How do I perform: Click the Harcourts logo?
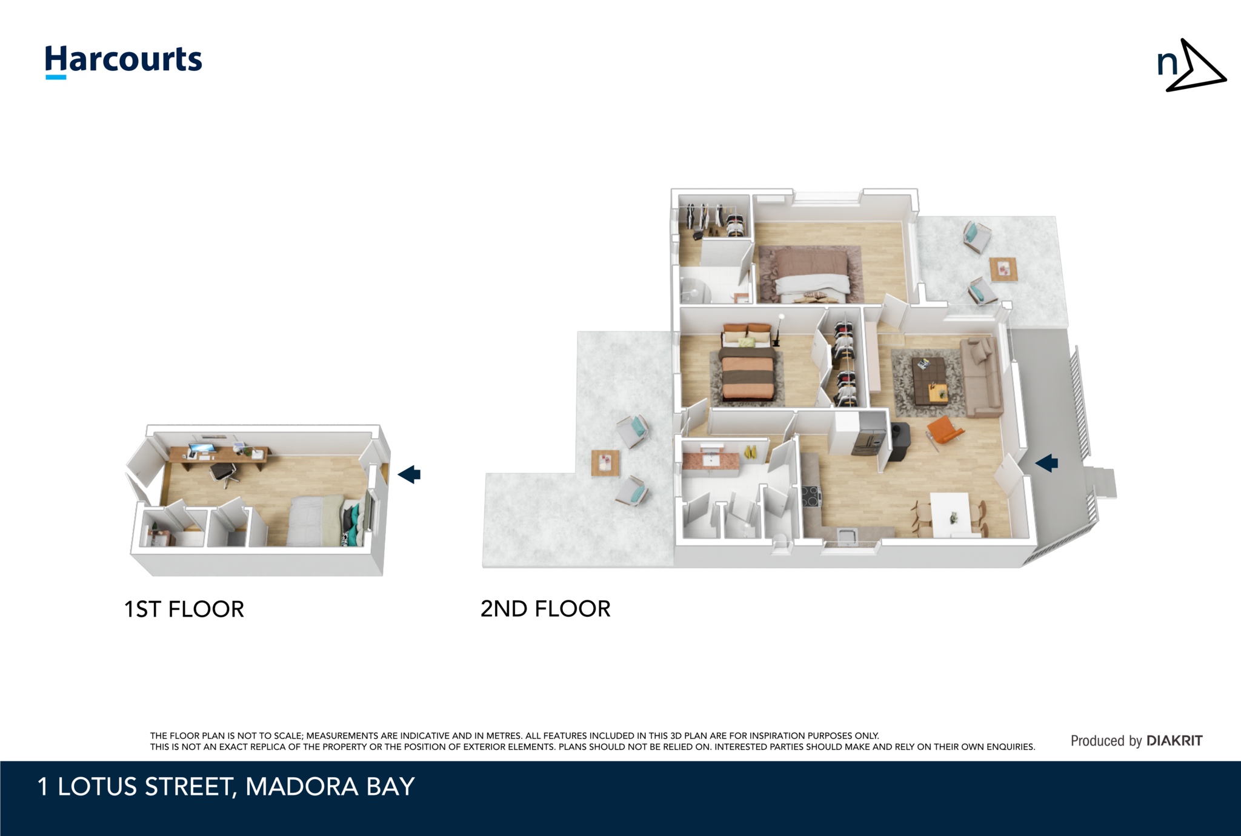[x=124, y=61]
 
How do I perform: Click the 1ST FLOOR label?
[x=184, y=609]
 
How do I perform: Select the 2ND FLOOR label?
[x=545, y=608]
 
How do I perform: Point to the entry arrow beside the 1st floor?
[x=410, y=474]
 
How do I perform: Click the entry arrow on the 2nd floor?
[x=1046, y=463]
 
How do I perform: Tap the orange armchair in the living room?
[x=943, y=430]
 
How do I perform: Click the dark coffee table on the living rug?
[x=929, y=381]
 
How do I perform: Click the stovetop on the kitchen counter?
[x=811, y=496]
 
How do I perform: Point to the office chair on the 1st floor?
[x=222, y=471]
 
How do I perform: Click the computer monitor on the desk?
[x=201, y=449]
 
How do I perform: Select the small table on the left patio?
[x=605, y=463]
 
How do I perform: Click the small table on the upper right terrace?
[x=1003, y=268]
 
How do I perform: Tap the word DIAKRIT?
[x=1174, y=740]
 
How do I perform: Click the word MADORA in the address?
[x=301, y=786]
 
